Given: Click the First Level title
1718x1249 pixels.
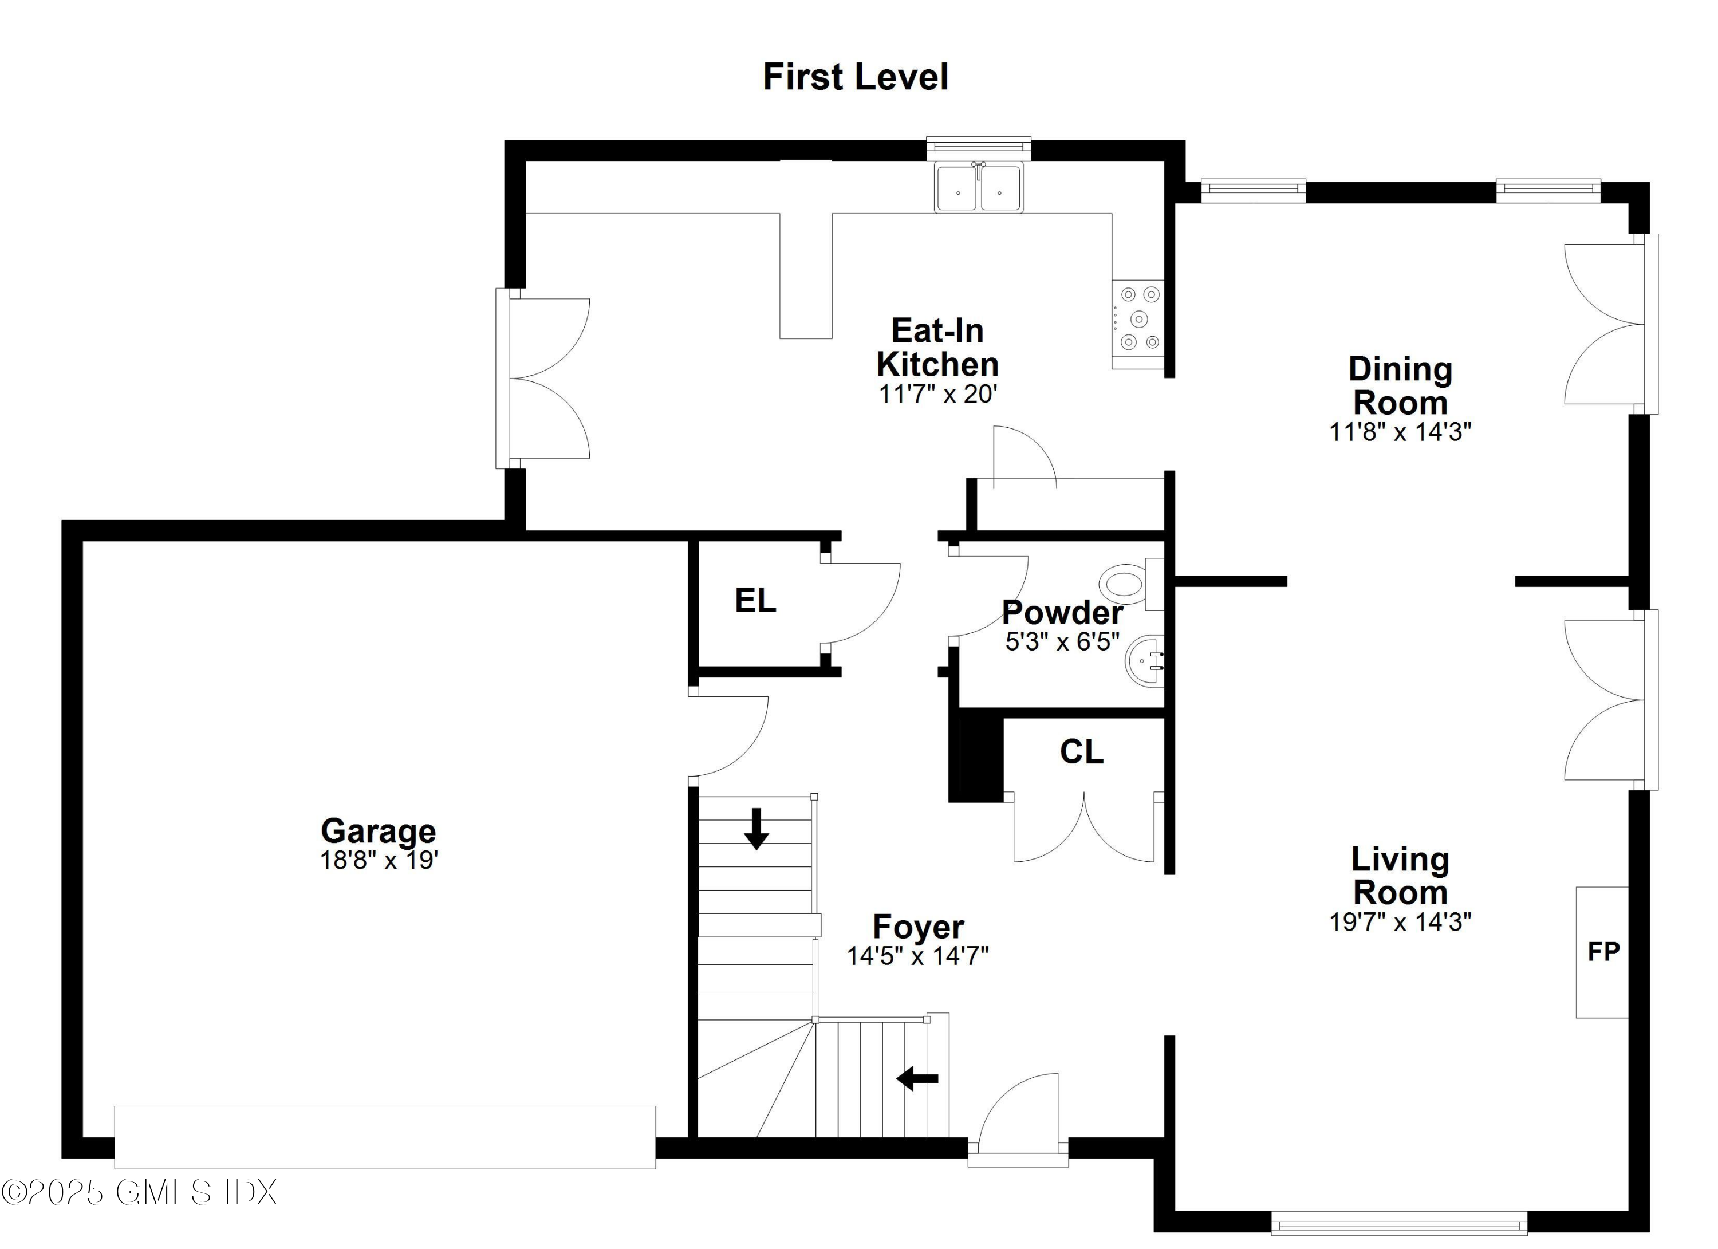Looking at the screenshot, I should tap(855, 77).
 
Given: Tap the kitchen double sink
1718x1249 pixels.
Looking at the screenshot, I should tap(979, 188).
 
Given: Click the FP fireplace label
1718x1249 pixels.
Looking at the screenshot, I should tap(1602, 951).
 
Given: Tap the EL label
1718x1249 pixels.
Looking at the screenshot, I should tap(755, 601).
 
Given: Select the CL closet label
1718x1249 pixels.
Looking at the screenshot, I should tap(1081, 752).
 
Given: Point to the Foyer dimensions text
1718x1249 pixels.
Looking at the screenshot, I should tap(917, 956).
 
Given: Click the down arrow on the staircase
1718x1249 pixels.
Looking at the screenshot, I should tap(756, 829).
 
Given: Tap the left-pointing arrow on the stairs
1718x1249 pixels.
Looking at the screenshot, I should tap(917, 1078).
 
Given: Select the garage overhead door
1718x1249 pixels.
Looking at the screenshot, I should tap(385, 1137).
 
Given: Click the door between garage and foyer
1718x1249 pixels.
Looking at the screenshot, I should tap(728, 736).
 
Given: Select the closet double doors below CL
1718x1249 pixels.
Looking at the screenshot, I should tap(1084, 828).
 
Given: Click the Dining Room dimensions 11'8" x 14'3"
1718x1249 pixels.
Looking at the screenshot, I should tap(1400, 432).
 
